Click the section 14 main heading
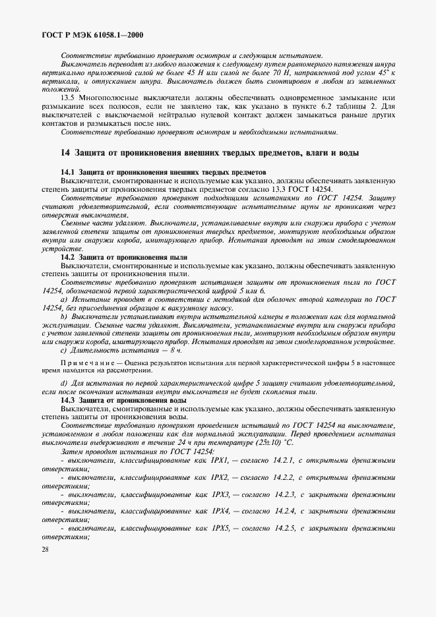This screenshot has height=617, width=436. [210, 153]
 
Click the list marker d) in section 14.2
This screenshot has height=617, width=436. [64, 383]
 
